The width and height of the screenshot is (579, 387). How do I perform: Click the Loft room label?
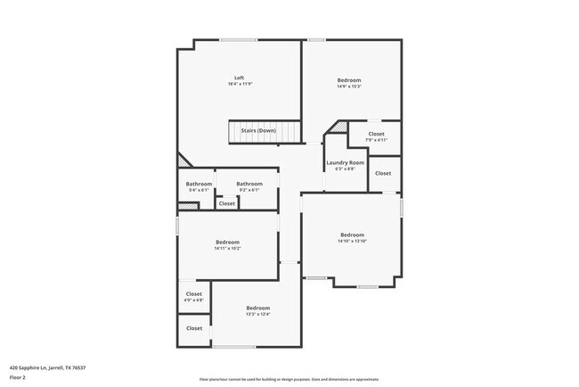click(x=239, y=78)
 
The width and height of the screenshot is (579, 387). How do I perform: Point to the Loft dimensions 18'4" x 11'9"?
click(x=239, y=85)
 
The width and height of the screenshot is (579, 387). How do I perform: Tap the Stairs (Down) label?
click(x=258, y=130)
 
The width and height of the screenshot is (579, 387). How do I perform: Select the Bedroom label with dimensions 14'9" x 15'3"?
click(x=349, y=80)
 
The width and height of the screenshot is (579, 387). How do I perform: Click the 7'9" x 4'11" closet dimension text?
click(x=376, y=140)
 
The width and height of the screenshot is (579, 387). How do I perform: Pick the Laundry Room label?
click(x=345, y=162)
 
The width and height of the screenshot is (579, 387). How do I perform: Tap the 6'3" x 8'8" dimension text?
click(x=345, y=169)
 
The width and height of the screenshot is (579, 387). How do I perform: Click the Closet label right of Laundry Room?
click(x=383, y=173)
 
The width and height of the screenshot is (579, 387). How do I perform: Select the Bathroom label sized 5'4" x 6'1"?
click(x=199, y=184)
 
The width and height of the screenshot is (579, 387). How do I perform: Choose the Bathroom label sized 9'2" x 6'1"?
click(x=249, y=184)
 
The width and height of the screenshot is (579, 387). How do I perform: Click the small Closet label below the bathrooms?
click(x=227, y=203)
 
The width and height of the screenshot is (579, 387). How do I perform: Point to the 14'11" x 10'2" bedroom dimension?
click(x=227, y=249)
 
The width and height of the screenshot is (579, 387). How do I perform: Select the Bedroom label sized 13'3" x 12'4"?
click(x=258, y=308)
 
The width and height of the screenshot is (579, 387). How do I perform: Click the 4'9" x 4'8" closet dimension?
click(x=194, y=301)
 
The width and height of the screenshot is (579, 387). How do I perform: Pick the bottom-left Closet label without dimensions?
click(x=194, y=328)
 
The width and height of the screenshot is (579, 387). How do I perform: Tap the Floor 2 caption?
click(x=19, y=376)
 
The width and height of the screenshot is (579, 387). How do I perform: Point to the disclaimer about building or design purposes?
click(x=289, y=379)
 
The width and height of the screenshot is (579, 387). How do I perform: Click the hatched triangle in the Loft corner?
click(x=183, y=161)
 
